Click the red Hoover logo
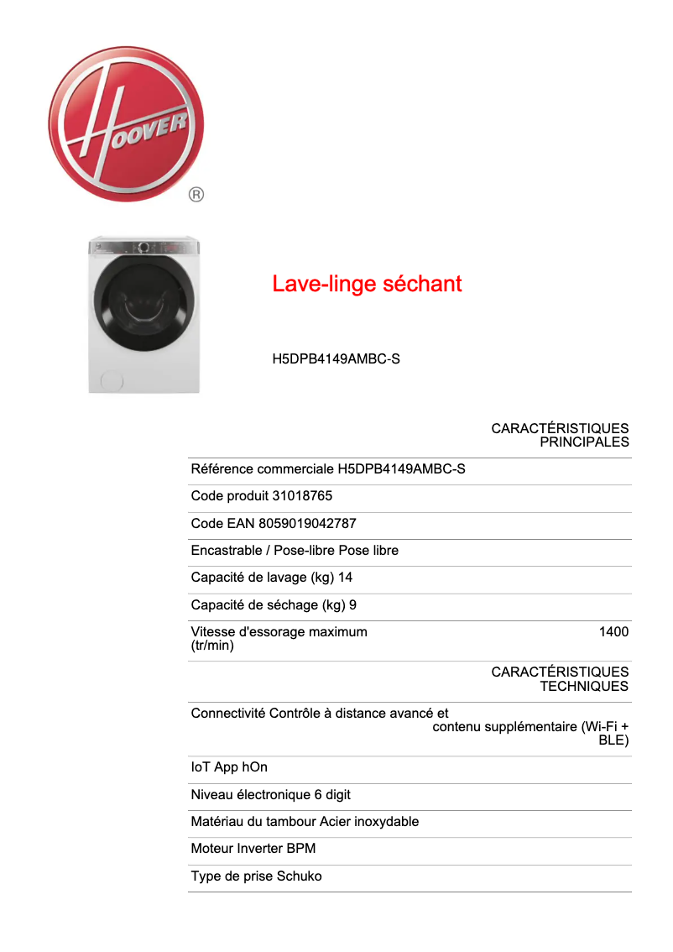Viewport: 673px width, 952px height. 126,123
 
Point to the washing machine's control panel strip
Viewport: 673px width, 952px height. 143,247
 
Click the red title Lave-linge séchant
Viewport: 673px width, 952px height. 367,284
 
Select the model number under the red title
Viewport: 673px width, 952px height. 336,359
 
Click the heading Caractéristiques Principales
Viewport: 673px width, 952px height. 560,435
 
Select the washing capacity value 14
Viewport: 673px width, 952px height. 345,578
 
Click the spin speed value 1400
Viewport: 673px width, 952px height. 613,632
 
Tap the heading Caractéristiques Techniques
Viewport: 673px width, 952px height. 560,678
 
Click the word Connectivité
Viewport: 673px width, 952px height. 228,714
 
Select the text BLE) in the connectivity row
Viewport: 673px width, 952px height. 613,740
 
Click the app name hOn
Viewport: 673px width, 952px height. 254,767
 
